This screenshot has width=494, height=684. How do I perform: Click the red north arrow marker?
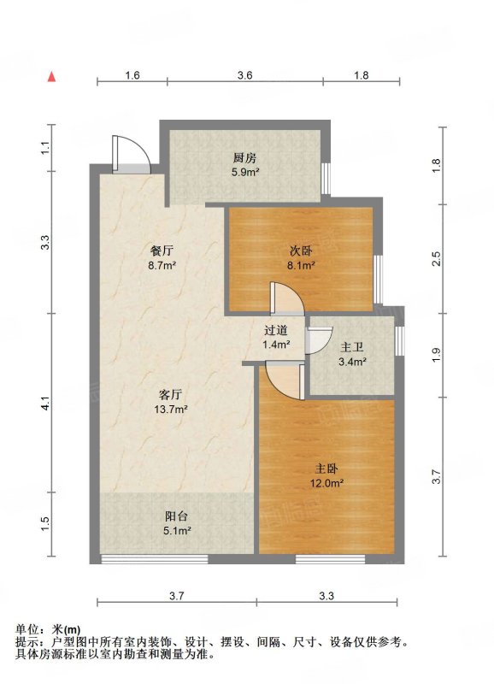tap(52, 76)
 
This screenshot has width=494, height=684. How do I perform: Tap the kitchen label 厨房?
tap(245, 158)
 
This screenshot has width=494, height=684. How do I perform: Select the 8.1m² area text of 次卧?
tap(301, 265)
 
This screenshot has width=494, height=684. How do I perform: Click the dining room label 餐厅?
tap(162, 251)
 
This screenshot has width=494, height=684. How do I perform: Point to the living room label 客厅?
tap(170, 395)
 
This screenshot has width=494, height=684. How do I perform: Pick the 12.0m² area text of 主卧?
tap(327, 483)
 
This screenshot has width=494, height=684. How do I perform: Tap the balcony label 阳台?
tap(177, 516)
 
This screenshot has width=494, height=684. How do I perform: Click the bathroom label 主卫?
tap(352, 347)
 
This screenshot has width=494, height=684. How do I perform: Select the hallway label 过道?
tap(276, 330)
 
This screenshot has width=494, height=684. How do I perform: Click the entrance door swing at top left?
tap(132, 154)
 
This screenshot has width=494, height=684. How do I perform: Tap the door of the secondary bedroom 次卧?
tap(287, 298)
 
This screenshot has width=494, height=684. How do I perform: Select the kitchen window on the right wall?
tap(326, 179)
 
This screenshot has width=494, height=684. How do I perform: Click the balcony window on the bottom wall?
tap(155, 559)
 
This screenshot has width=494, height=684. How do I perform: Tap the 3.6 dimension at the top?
tap(245, 75)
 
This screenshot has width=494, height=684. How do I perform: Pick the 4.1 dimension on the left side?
tap(45, 403)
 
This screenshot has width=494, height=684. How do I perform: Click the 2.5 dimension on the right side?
tap(437, 259)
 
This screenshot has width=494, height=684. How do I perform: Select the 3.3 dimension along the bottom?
tap(326, 595)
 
